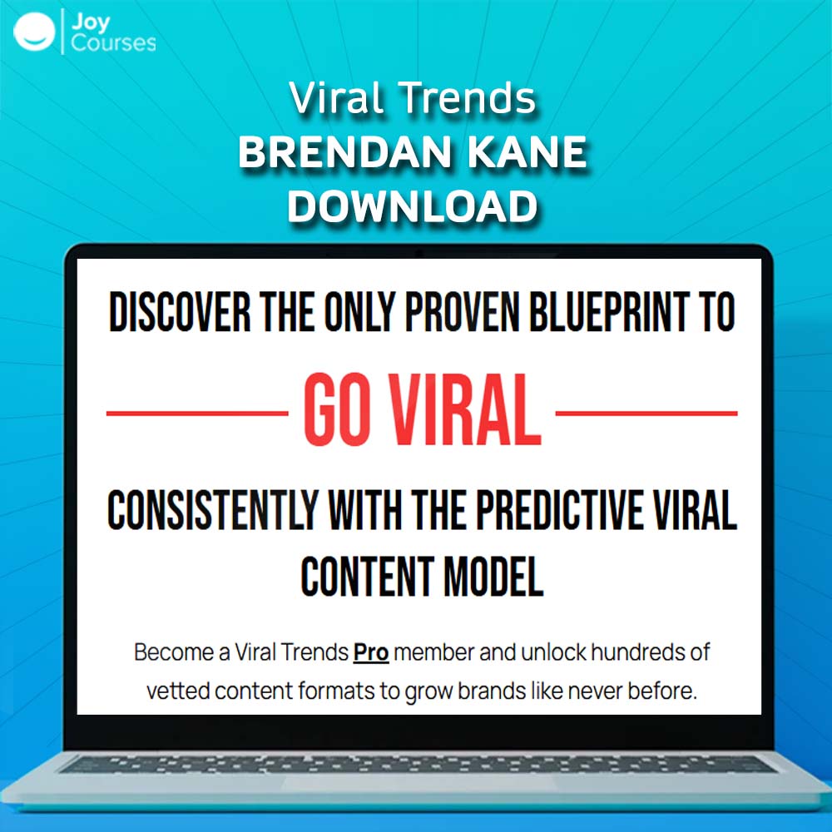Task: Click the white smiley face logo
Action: point(34,32)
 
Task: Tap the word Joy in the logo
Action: point(90,22)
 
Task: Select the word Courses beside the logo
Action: point(113,43)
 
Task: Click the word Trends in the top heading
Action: point(468,98)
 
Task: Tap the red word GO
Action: point(336,409)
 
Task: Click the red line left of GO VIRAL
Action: point(197,413)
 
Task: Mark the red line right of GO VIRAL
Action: point(646,413)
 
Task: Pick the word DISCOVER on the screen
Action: point(180,311)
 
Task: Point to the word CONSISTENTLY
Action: point(213,510)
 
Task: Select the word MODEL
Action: point(493,577)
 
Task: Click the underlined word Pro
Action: point(371,652)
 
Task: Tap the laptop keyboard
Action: point(418,764)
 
